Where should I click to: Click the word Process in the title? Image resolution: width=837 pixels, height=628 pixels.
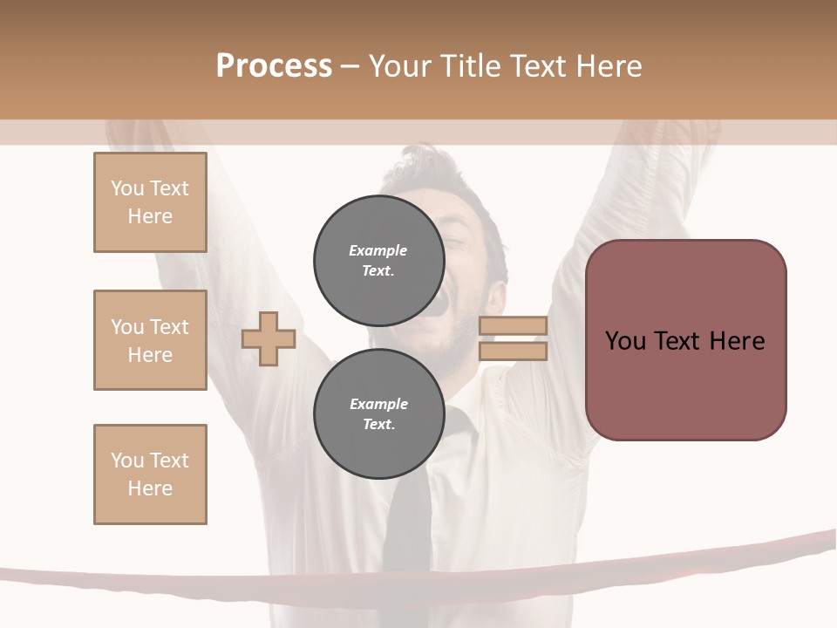point(274,66)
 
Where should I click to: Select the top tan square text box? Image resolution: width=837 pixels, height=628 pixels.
point(150,202)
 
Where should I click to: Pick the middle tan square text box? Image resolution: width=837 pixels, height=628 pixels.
point(150,340)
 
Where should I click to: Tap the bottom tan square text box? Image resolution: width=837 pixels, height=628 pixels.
point(150,474)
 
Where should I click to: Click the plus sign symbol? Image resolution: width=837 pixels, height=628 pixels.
point(268,338)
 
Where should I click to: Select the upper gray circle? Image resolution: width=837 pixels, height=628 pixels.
point(378,261)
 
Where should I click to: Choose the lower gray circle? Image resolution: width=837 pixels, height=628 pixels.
point(378,414)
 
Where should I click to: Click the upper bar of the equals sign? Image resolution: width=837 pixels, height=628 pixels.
point(513,325)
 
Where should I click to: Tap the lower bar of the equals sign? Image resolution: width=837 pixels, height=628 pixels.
point(513,352)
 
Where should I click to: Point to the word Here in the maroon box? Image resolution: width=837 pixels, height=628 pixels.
point(737,341)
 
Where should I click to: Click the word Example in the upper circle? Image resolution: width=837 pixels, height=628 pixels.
point(378,250)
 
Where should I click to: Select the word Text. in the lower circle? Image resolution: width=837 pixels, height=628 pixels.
point(378,425)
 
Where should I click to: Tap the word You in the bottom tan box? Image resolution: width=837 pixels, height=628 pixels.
point(126,461)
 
